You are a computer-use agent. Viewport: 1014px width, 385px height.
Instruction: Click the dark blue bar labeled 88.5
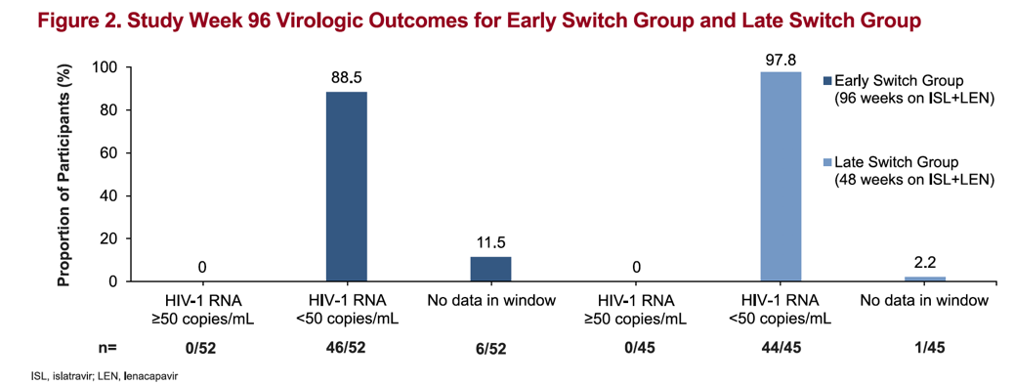347,187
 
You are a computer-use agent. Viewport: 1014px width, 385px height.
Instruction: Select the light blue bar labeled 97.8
780,177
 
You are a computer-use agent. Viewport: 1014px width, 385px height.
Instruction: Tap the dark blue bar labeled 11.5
490,269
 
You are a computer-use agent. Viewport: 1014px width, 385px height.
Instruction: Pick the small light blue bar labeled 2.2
924,278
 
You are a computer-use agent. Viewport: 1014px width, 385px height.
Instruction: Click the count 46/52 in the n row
347,347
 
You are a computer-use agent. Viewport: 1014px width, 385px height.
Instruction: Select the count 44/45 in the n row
780,347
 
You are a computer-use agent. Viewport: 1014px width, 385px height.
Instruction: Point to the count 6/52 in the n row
490,347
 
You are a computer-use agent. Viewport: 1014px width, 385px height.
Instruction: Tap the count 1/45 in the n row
924,347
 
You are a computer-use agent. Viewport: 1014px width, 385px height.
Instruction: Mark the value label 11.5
490,240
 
